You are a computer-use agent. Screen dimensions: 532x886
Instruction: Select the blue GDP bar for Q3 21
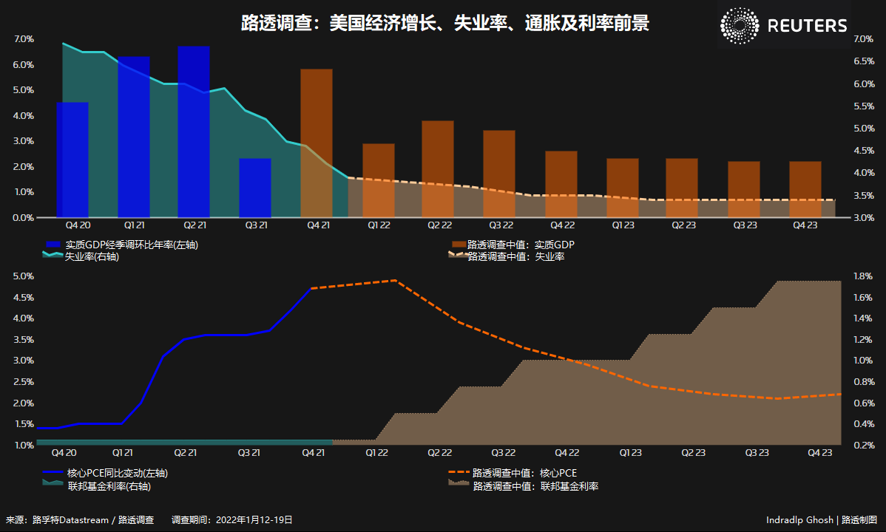pyautogui.click(x=255, y=188)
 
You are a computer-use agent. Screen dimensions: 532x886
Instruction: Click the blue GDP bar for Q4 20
pyautogui.click(x=72, y=160)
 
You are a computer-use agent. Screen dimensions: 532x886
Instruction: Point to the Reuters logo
pyautogui.click(x=784, y=26)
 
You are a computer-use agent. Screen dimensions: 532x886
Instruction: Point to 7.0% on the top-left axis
pyautogui.click(x=24, y=39)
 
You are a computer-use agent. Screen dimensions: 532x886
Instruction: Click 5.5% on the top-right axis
pyautogui.click(x=863, y=106)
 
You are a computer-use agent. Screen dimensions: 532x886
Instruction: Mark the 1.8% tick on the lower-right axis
pyautogui.click(x=863, y=276)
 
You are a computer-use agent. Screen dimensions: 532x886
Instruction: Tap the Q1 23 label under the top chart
pyautogui.click(x=622, y=225)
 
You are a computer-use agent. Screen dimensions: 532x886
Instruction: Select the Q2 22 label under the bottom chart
pyautogui.click(x=440, y=452)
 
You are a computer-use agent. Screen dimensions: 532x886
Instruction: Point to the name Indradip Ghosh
pyautogui.click(x=799, y=520)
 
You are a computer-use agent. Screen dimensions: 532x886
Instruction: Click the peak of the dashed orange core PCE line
pyautogui.click(x=395, y=280)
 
